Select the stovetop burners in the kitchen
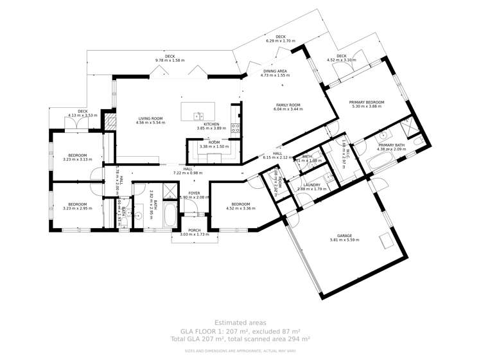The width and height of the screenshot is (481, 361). (x=235, y=127)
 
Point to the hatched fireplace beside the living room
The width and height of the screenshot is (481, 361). (x=110, y=123)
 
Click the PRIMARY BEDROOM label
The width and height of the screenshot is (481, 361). (x=367, y=102)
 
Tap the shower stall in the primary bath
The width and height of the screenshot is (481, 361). (x=409, y=130)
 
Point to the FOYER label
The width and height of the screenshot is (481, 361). (x=194, y=192)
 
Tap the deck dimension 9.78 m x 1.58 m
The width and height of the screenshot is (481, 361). (x=170, y=60)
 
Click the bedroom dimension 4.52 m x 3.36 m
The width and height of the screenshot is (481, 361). (x=241, y=208)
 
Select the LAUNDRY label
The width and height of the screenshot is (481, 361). (x=311, y=184)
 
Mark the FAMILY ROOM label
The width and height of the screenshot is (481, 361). (x=288, y=105)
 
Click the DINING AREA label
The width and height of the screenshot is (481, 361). (x=274, y=71)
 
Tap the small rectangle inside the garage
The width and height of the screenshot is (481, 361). (x=386, y=241)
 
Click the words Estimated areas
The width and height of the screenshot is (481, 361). (x=240, y=322)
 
